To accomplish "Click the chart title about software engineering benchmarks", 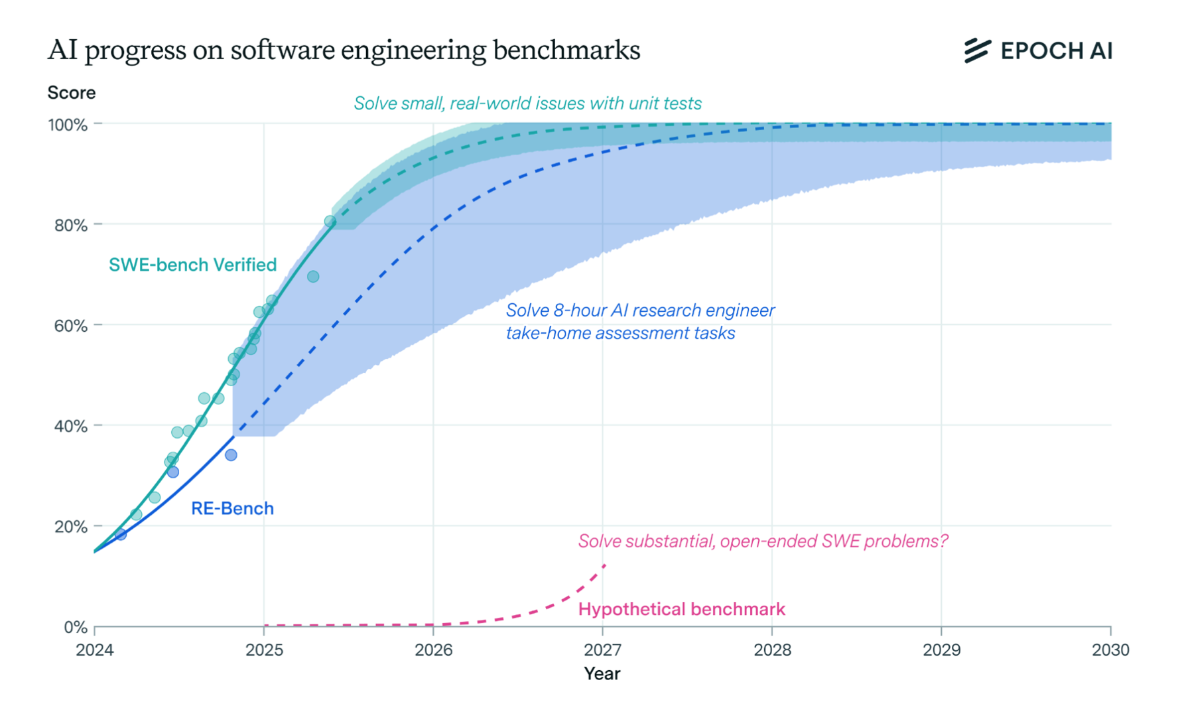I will tap(344, 50).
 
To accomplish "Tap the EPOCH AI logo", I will tap(1038, 50).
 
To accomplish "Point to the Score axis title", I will tap(71, 93).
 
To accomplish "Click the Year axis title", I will tap(602, 673).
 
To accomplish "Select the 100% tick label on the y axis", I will tap(68, 125).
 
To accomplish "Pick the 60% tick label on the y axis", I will tap(70, 326).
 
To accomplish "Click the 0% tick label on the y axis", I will tap(76, 627).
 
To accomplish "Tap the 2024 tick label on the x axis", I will tap(95, 650).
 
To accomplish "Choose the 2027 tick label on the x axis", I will tap(602, 650).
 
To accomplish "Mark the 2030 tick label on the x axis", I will tap(1110, 650).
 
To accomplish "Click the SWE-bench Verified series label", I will tap(192, 265).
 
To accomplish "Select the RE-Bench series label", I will tap(232, 508).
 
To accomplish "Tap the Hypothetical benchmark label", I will tap(681, 609).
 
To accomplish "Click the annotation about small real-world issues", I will tap(527, 104).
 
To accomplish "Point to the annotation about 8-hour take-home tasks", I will tap(639, 322).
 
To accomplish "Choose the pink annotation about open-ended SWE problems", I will tap(763, 541).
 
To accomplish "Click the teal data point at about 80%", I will tap(330, 221).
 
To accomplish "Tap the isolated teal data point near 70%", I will tap(313, 277).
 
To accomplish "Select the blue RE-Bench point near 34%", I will tap(231, 455).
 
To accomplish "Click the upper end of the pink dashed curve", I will tap(604, 565).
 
